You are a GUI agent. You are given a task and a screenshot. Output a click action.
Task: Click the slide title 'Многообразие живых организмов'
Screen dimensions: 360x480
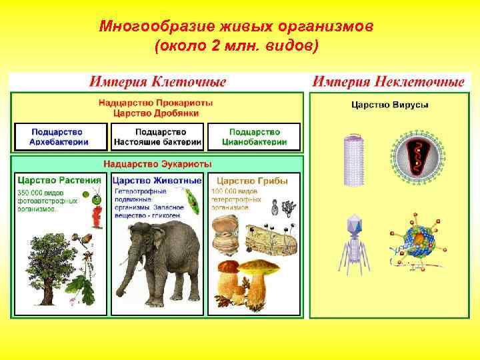tap(237, 27)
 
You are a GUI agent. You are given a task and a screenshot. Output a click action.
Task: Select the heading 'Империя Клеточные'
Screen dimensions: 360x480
tap(158, 82)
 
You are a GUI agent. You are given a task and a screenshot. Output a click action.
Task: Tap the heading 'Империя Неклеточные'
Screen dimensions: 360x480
tap(389, 82)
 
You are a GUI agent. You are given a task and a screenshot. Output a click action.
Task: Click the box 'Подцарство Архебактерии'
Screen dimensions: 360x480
tap(60, 137)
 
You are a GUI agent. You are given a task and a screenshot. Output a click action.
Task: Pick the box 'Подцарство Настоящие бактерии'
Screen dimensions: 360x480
tap(157, 137)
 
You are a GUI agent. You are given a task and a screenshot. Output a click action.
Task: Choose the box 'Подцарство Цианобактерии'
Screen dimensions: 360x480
tap(254, 137)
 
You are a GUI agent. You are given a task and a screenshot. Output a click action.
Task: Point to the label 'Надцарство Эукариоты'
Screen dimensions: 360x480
tap(157, 164)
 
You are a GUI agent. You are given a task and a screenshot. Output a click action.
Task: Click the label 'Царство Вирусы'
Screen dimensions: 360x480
tap(389, 105)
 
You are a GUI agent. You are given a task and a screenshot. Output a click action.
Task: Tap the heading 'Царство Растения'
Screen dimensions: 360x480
tap(59, 180)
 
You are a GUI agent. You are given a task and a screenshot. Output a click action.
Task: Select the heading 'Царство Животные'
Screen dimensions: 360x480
tap(157, 180)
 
